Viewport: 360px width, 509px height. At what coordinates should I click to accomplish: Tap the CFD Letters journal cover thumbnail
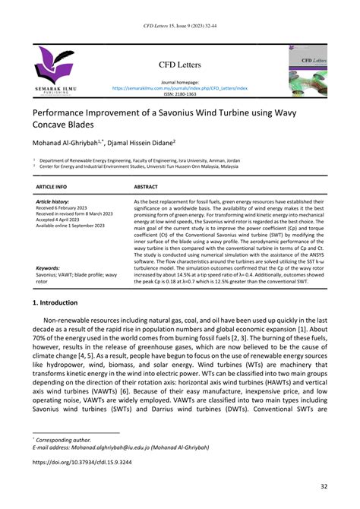coord(307,69)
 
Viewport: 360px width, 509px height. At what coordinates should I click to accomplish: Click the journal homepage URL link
coord(180,87)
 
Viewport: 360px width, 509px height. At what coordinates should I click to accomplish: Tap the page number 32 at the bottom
coord(322,487)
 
